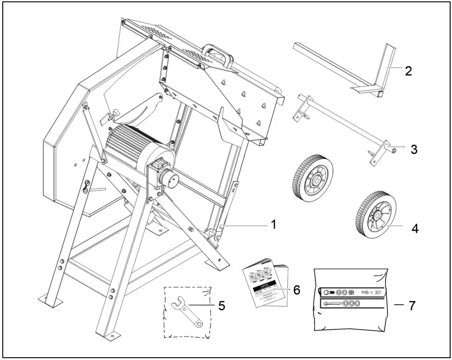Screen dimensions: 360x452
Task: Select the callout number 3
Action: pyautogui.click(x=414, y=149)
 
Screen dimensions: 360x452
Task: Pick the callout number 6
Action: pyautogui.click(x=297, y=290)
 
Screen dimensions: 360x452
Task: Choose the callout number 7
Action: pyautogui.click(x=413, y=305)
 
